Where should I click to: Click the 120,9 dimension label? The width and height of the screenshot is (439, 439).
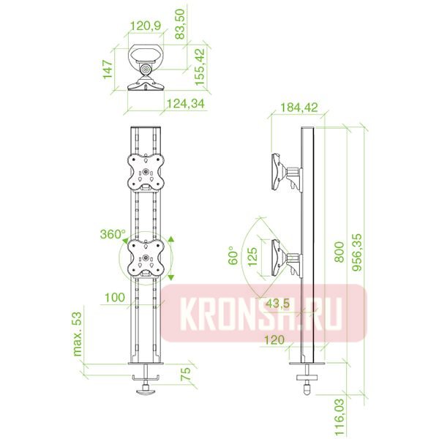tap(146, 26)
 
